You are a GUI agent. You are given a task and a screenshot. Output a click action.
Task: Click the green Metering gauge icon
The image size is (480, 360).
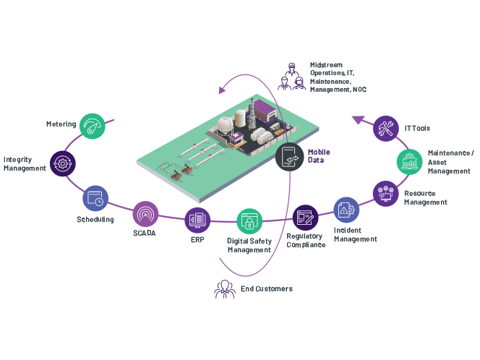pos(93,126)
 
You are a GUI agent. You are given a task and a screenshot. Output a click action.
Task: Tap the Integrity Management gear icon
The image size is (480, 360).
pos(61,163)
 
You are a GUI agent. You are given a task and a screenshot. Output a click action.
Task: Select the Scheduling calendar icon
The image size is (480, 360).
pos(96,198)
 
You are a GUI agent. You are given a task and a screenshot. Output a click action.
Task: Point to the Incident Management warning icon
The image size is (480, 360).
pos(346,209)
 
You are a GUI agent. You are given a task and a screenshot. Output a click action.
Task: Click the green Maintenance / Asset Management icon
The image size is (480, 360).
pos(408,161)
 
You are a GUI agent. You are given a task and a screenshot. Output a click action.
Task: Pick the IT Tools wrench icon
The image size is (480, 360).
pos(387,129)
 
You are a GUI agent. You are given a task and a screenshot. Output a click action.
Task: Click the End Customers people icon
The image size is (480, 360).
pos(225,288)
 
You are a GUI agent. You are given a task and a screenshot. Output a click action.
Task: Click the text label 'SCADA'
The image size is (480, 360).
pos(145,233)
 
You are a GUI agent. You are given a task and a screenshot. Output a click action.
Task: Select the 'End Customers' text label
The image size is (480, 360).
pos(267,289)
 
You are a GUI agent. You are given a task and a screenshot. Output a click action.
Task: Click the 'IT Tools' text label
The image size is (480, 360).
pos(417,129)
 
